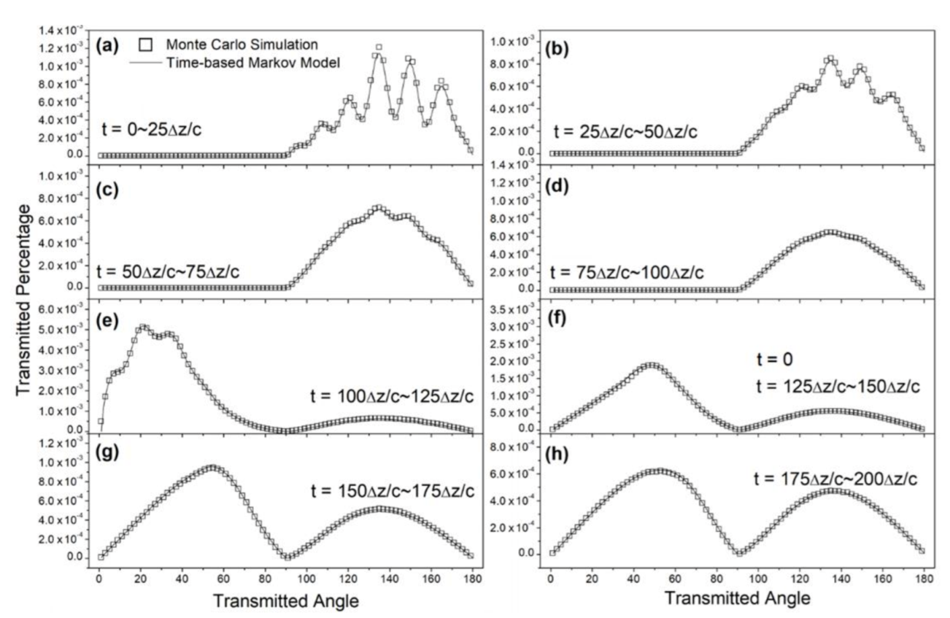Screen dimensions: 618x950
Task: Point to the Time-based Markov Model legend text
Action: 253,63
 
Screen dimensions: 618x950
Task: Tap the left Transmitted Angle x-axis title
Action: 286,600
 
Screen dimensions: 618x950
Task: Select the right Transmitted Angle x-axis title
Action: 737,598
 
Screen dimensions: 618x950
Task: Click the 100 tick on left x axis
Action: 307,578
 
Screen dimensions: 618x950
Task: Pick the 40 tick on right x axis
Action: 633,578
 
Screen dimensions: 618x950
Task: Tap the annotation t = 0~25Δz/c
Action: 152,129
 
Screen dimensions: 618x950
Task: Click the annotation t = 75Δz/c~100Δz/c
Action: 627,272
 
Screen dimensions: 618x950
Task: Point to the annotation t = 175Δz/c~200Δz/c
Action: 835,478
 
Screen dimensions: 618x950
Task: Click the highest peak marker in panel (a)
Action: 379,48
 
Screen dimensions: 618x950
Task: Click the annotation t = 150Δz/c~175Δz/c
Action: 392,491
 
